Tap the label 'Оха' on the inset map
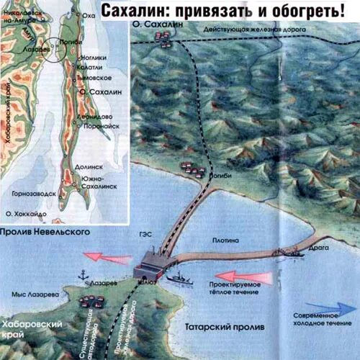(89, 15)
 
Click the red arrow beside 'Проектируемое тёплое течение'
(246, 276)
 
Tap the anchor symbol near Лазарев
(83, 274)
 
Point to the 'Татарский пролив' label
(230, 328)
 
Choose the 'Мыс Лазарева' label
(33, 295)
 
